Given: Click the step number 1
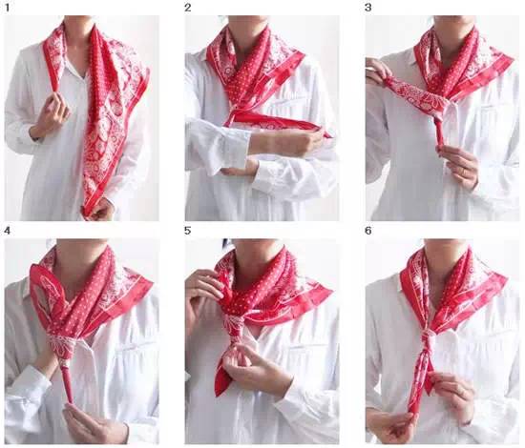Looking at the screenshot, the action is point(8,8).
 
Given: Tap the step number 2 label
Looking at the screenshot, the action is point(188,8).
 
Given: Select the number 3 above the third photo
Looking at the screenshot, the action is point(367,8).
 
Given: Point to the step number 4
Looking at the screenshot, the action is point(8,231).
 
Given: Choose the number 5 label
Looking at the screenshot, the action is point(187,231).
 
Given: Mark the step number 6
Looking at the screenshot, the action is point(368,231).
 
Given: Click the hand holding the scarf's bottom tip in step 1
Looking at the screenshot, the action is point(100,210).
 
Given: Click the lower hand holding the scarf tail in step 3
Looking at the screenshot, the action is point(459,165).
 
